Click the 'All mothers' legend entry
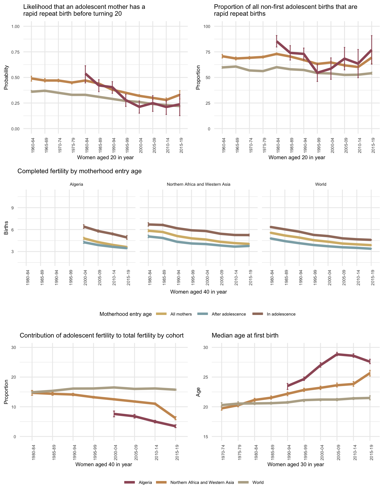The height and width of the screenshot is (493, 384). click(181, 314)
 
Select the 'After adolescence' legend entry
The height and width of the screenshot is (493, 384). click(229, 314)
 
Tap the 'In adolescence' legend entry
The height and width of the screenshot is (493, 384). click(281, 314)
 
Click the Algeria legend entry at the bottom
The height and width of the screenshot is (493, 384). click(145, 482)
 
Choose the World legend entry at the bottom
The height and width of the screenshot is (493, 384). click(258, 482)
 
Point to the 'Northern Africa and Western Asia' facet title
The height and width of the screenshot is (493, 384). click(198, 184)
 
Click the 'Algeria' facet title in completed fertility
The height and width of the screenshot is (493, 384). click(76, 184)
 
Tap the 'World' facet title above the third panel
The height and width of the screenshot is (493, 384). click(321, 184)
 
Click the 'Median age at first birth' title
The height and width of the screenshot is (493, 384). click(245, 336)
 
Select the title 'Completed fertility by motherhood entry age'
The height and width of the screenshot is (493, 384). click(79, 171)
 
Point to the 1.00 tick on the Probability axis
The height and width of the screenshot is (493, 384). click(15, 27)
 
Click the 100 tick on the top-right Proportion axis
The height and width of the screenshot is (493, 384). click(206, 27)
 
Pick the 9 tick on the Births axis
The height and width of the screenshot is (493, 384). click(13, 208)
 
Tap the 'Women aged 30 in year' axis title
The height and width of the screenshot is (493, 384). click(295, 464)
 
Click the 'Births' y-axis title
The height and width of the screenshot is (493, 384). click(6, 228)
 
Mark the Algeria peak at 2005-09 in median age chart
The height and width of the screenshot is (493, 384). click(337, 354)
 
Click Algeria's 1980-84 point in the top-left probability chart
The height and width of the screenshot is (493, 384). click(85, 74)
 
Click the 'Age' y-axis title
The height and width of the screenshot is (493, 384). click(198, 392)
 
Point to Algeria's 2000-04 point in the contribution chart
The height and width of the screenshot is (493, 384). click(114, 414)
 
